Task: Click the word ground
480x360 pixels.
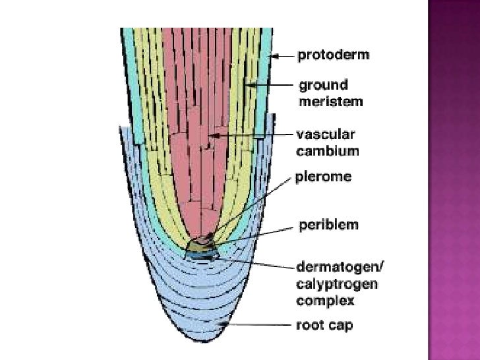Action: (323, 86)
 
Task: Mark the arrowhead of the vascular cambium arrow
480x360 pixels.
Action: (210, 136)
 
